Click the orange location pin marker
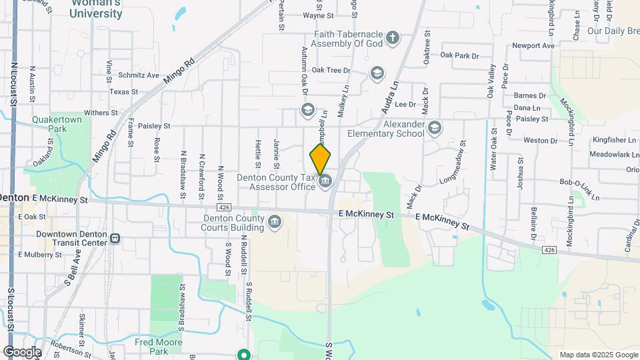pyautogui.click(x=320, y=158)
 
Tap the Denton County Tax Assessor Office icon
pyautogui.click(x=325, y=181)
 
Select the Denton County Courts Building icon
pyautogui.click(x=275, y=221)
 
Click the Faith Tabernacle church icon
pyautogui.click(x=392, y=37)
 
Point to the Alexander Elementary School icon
pyautogui.click(x=435, y=127)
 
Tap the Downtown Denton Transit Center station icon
pyautogui.click(x=115, y=238)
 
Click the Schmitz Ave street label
pyautogui.click(x=139, y=76)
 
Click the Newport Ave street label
pyautogui.click(x=533, y=46)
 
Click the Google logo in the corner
pyautogui.click(x=22, y=352)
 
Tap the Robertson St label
pyautogui.click(x=69, y=348)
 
